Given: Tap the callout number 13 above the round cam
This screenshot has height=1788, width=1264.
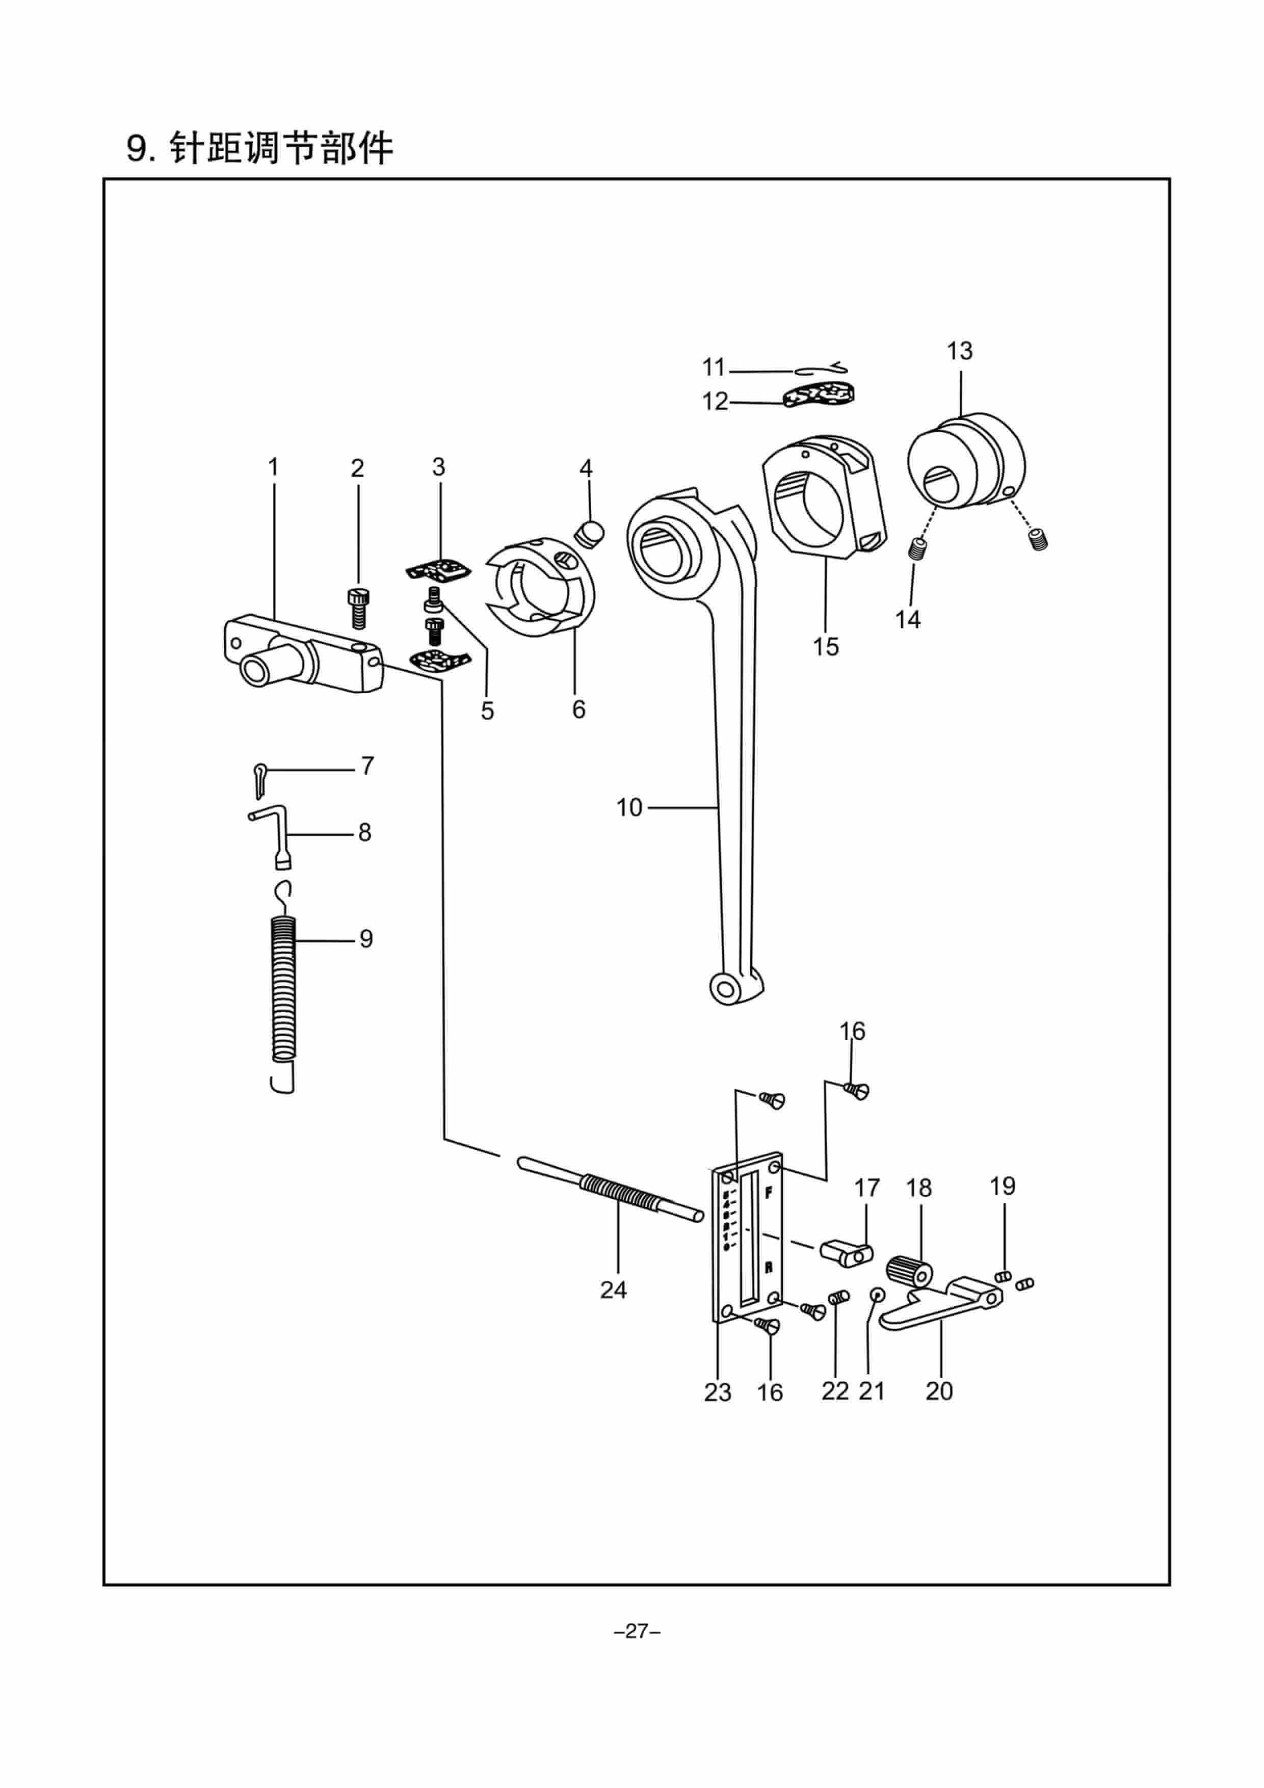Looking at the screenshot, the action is click(x=960, y=351).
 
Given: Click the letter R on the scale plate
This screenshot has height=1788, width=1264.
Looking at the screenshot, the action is click(x=769, y=1267).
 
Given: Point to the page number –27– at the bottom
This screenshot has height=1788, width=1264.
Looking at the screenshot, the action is click(x=637, y=1632).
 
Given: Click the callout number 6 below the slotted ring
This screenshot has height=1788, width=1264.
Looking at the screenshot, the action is click(x=578, y=709).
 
